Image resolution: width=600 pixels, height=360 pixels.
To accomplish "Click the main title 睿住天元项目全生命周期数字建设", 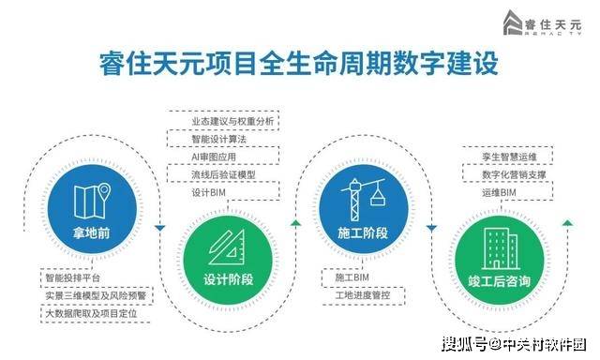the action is [299, 63].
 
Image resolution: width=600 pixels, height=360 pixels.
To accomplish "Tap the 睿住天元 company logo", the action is [542, 22].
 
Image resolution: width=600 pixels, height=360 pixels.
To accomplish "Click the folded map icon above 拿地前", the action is [92, 201].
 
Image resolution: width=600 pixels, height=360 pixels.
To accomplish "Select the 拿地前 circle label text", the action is [92, 232].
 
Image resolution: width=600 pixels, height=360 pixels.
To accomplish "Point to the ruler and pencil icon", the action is [227, 247].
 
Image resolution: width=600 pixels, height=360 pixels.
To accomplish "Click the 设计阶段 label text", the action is [228, 279].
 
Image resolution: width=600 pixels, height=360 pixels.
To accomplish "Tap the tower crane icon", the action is [363, 199].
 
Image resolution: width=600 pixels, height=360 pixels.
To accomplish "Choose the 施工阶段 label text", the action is [363, 232].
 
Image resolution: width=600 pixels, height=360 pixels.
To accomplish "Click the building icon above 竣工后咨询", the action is [500, 248].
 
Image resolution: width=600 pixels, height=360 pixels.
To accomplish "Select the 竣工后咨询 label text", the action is [500, 281].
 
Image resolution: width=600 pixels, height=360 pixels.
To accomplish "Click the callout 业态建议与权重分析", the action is [232, 121].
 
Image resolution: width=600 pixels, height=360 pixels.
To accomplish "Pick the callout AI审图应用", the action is [214, 157].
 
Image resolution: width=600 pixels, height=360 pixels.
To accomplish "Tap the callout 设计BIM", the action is [208, 192].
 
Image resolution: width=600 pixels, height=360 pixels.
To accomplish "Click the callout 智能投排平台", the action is [72, 277].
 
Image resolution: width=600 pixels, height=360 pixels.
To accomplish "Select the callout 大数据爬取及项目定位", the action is [91, 314].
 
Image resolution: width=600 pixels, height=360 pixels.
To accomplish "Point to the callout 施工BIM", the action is [352, 277].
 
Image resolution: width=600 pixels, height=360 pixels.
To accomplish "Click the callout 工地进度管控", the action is [363, 295].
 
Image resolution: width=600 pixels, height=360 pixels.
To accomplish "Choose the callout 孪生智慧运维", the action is [509, 157].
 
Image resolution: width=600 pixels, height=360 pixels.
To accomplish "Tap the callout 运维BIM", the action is [499, 192].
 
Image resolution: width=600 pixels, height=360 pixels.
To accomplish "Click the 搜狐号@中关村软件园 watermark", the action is [515, 344].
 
